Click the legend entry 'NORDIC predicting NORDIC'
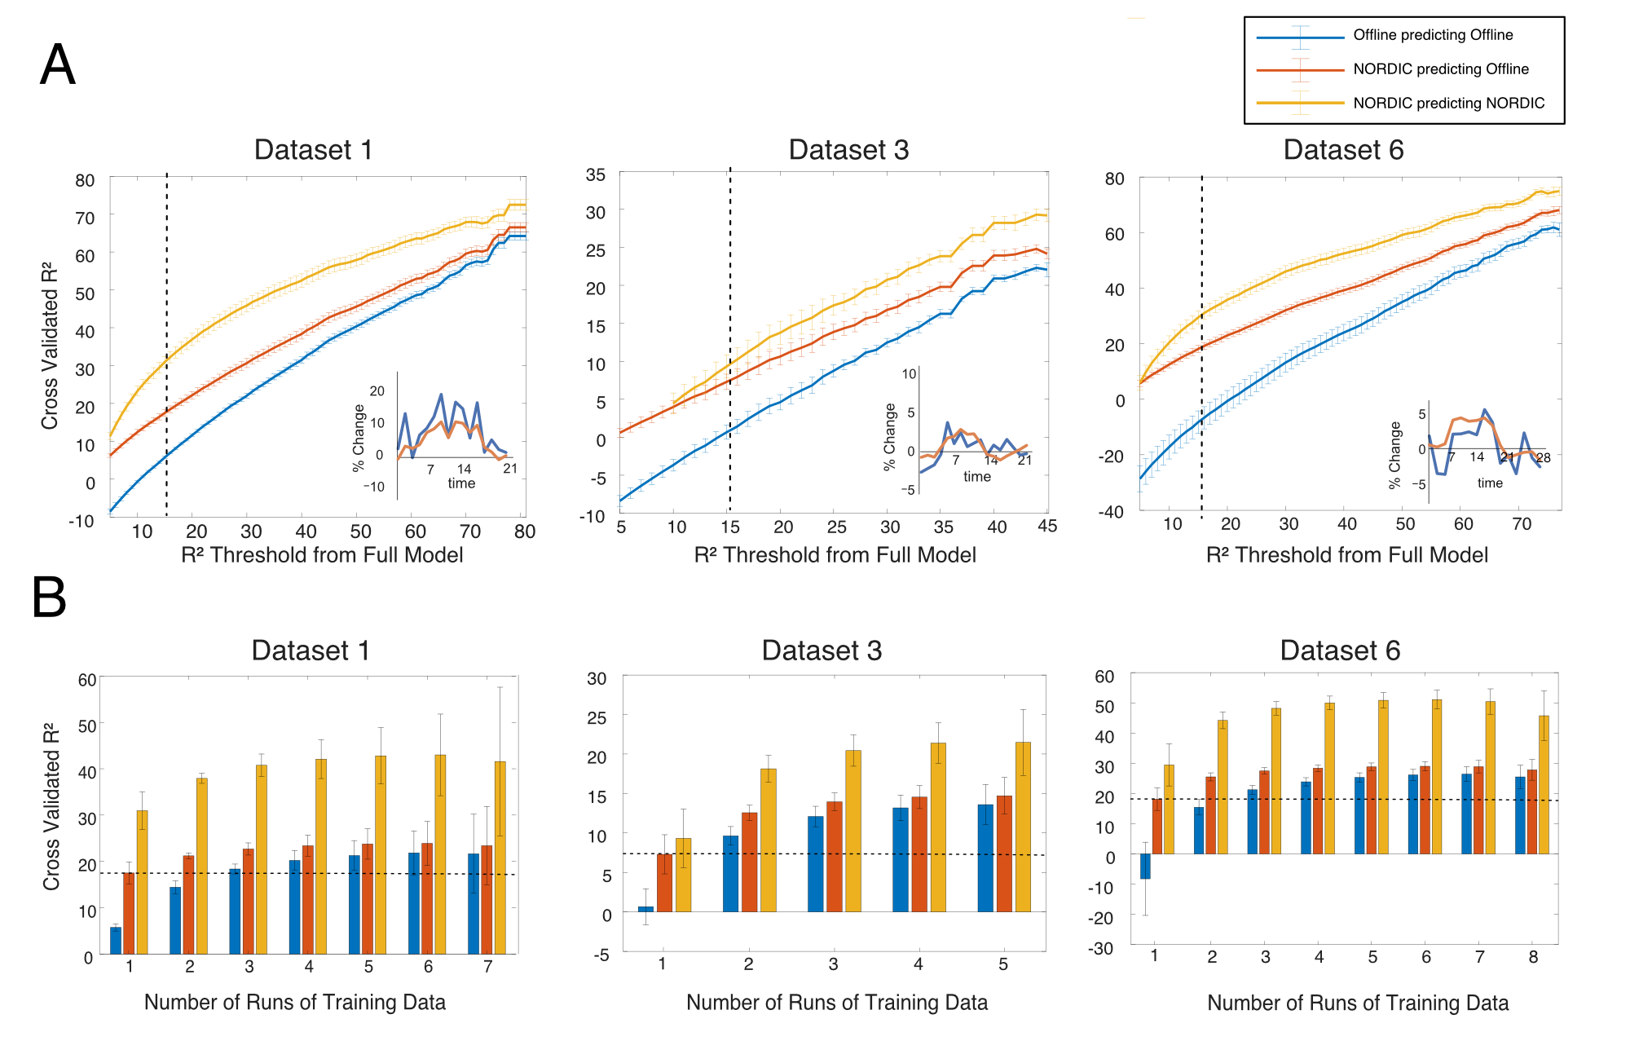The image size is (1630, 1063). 1448,104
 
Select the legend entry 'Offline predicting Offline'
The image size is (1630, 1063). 1433,35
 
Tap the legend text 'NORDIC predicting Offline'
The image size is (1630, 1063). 1440,69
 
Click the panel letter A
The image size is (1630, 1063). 58,65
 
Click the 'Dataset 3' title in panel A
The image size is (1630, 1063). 848,150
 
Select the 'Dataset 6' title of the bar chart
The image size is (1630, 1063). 1340,651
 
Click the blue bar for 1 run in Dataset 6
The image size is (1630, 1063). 1145,866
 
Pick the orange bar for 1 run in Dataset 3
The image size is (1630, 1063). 664,883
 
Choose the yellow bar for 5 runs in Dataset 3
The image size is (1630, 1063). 1023,827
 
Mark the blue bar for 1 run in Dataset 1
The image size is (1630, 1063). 116,940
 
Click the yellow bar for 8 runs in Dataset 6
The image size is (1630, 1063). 1544,785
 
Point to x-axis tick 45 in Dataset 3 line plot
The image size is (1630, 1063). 1047,527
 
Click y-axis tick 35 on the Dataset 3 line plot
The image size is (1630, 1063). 596,174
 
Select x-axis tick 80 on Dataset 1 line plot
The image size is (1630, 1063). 525,531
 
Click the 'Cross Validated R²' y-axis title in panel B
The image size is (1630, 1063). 51,806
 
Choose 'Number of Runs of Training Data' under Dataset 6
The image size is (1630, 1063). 1358,1003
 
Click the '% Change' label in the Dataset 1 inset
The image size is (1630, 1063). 359,438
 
